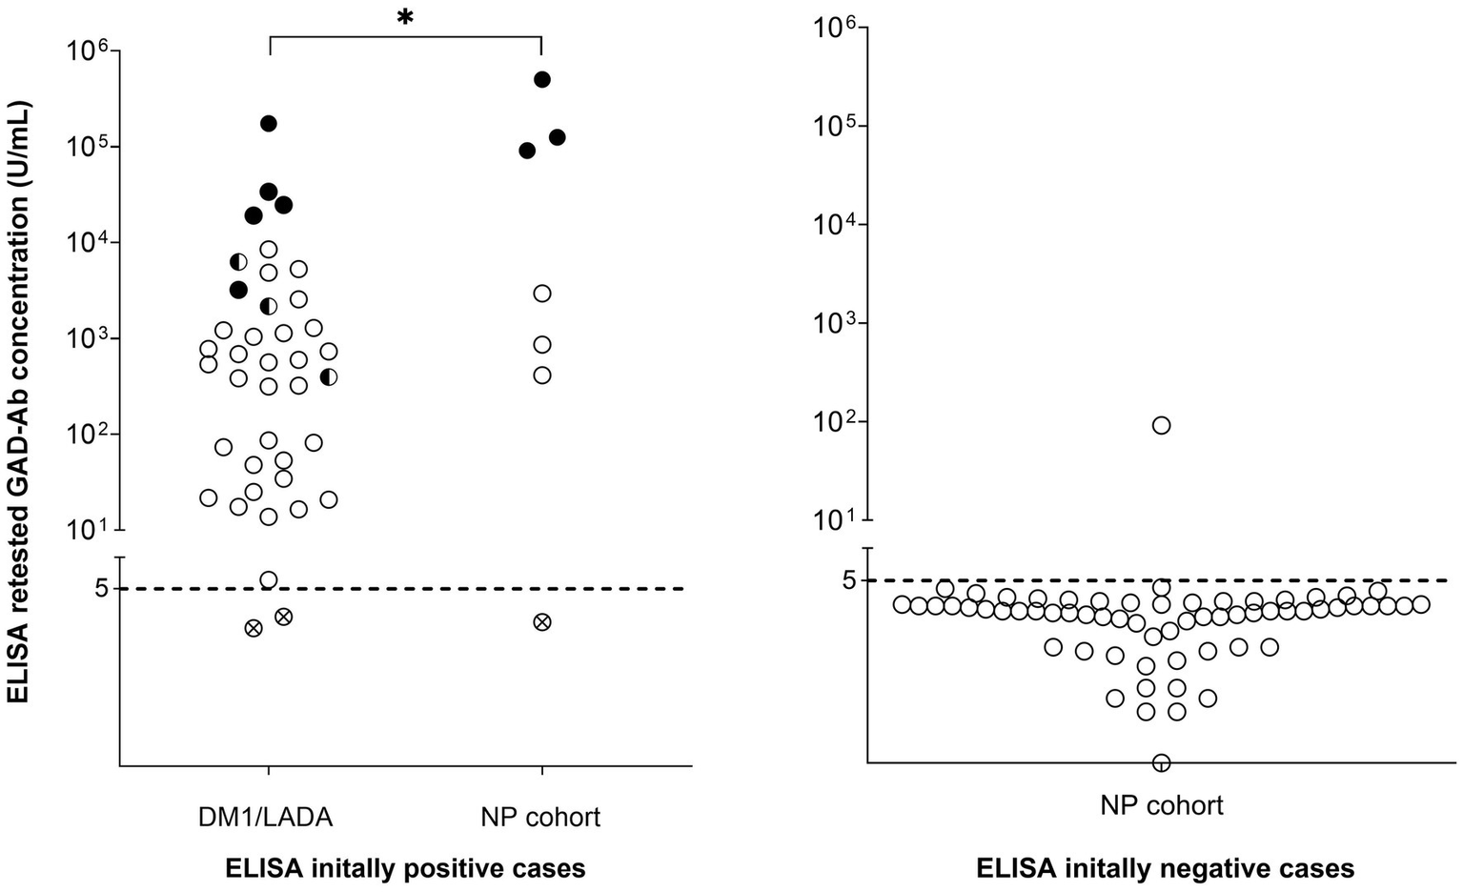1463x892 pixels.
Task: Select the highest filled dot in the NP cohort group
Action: pyautogui.click(x=542, y=79)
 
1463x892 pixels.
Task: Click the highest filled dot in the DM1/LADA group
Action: pyautogui.click(x=269, y=123)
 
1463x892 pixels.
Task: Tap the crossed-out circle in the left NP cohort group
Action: pyautogui.click(x=542, y=622)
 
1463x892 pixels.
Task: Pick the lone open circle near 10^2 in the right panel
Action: pyautogui.click(x=1161, y=425)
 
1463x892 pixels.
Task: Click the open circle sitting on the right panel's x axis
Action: pyautogui.click(x=1161, y=762)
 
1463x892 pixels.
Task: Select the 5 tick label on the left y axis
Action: pyautogui.click(x=101, y=589)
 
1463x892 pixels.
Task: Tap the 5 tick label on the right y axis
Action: pyautogui.click(x=849, y=579)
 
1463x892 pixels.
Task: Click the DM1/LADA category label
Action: pyautogui.click(x=266, y=817)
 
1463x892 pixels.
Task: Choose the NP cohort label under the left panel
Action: pyautogui.click(x=540, y=817)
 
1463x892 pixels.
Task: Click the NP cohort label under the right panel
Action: pyautogui.click(x=1161, y=805)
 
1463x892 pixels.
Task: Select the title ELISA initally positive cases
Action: pyautogui.click(x=405, y=868)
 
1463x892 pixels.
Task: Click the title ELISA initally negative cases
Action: pyautogui.click(x=1165, y=868)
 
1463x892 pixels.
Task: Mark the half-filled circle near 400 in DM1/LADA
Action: pyautogui.click(x=328, y=377)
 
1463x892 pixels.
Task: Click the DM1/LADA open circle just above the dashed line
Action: pyautogui.click(x=269, y=579)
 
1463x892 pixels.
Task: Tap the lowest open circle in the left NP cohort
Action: pyautogui.click(x=542, y=375)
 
